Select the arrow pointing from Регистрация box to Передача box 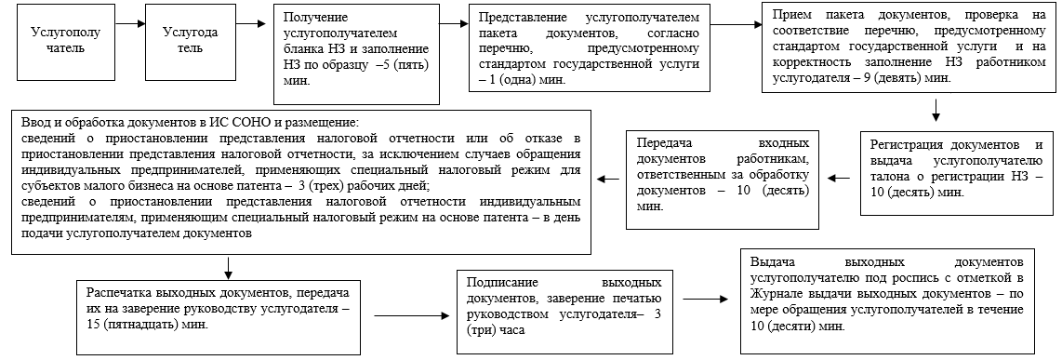(840, 177)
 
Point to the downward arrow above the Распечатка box (227, 268)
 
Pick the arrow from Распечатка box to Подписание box (410, 318)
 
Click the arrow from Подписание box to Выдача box (710, 298)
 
